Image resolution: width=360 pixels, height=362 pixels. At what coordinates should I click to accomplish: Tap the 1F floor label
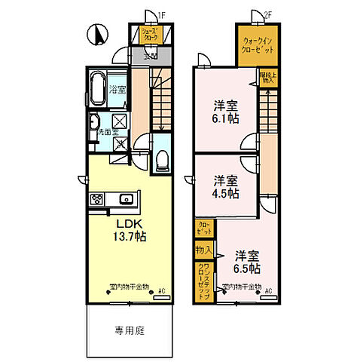pos(160,14)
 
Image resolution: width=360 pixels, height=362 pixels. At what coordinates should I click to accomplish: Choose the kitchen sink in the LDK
pos(126,199)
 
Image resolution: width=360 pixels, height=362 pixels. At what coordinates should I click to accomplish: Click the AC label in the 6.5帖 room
pos(268,290)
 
